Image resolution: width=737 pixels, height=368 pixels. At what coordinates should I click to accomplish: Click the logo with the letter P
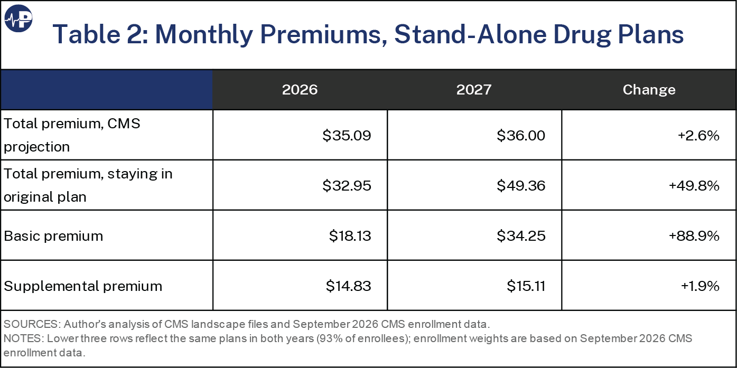18,18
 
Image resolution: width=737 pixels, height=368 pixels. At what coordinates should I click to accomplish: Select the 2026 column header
300,90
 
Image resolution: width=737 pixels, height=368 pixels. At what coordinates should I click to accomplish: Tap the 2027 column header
474,90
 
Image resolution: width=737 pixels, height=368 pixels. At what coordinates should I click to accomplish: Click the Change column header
649,90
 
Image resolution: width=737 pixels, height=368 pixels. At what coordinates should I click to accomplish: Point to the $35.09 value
347,136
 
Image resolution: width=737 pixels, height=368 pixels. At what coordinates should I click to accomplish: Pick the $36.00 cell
521,136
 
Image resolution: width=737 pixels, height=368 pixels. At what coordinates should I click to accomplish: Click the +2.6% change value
698,136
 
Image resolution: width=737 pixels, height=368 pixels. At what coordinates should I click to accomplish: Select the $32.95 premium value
347,185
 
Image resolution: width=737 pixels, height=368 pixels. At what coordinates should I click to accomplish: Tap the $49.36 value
521,185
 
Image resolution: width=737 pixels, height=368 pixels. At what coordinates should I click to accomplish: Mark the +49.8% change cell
694,185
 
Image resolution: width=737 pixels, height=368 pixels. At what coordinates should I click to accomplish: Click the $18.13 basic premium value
350,236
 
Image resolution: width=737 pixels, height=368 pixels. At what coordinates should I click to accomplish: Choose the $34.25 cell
521,236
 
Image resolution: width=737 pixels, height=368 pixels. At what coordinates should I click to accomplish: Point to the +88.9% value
694,236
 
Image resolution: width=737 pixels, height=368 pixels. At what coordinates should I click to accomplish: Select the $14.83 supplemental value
349,286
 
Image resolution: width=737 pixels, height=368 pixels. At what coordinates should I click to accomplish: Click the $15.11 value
526,286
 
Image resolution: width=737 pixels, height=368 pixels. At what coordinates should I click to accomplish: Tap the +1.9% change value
700,286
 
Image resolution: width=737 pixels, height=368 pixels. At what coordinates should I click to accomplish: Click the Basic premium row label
53,236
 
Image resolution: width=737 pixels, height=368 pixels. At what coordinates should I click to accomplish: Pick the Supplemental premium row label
83,286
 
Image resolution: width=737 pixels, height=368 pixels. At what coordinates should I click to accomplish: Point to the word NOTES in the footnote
24,338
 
